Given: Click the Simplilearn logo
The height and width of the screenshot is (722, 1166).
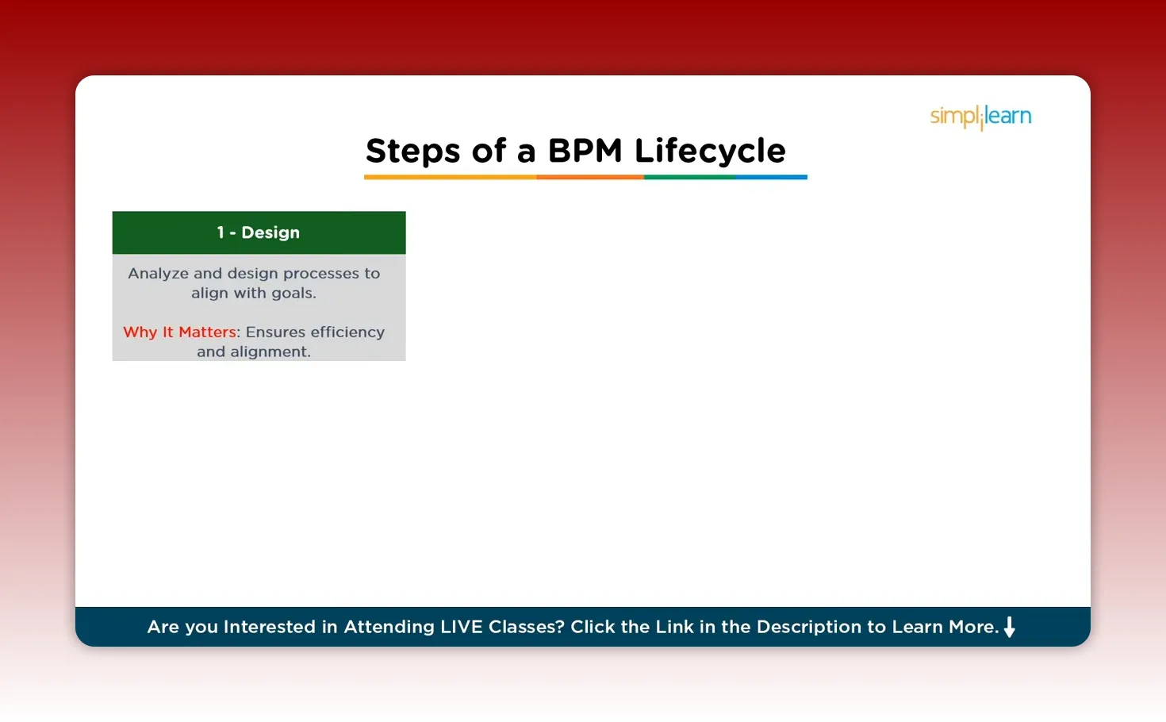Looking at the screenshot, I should pyautogui.click(x=980, y=117).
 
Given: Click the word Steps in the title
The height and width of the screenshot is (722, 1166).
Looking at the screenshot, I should pyautogui.click(x=412, y=151).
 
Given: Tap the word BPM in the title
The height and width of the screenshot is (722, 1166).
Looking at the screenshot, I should pyautogui.click(x=585, y=151).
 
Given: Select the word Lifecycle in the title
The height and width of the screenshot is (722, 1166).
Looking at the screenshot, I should pyautogui.click(x=710, y=151).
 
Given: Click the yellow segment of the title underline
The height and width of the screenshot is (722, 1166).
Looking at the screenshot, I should pyautogui.click(x=450, y=177).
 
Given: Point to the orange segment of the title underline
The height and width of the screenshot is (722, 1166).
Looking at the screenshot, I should pyautogui.click(x=590, y=177).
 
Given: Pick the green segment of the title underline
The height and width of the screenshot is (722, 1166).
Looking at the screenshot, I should pyautogui.click(x=689, y=177).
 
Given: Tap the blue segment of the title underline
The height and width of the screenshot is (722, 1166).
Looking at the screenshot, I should pyautogui.click(x=771, y=177).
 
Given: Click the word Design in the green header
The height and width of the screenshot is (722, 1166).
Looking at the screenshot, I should pyautogui.click(x=270, y=232).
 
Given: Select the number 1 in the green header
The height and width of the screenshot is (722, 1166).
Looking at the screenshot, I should pyautogui.click(x=221, y=232).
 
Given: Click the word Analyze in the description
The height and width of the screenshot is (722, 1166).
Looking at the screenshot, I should pyautogui.click(x=158, y=274).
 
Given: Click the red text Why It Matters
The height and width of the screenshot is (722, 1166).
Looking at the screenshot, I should pyautogui.click(x=179, y=332).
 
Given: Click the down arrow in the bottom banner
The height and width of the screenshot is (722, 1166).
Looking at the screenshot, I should pyautogui.click(x=1009, y=627).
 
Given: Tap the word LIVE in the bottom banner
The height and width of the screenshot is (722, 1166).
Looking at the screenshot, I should pyautogui.click(x=461, y=627).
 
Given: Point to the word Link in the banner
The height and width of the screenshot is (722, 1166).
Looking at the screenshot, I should pyautogui.click(x=674, y=627).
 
